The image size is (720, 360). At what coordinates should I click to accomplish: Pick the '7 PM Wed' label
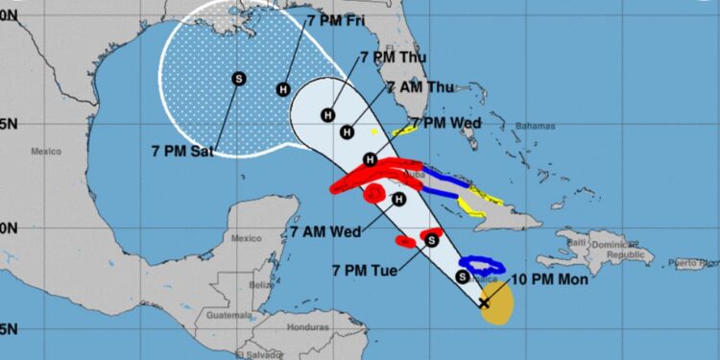[x=445, y=123]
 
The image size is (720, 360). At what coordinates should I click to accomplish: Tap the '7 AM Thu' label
[x=419, y=87]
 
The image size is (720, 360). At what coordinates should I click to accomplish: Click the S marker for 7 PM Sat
[x=239, y=78]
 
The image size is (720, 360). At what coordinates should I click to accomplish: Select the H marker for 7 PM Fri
[x=283, y=89]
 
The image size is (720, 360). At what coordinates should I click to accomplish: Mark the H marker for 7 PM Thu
[x=329, y=112]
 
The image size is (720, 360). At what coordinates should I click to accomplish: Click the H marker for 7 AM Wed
[x=398, y=200]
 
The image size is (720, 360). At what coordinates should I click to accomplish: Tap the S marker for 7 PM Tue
[x=432, y=240]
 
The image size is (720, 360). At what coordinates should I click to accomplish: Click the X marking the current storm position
[x=484, y=303]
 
